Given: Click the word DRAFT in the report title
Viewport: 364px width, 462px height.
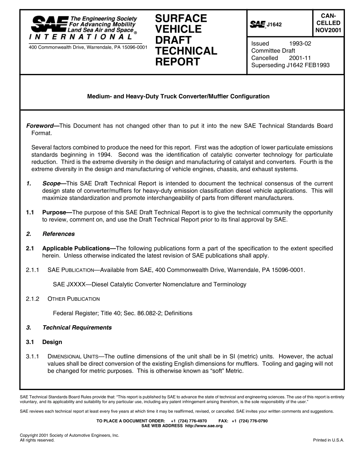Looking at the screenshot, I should point(173,40).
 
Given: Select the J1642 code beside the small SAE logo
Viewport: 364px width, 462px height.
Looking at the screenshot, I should point(274,25).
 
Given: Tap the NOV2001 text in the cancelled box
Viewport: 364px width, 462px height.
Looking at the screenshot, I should point(328,30).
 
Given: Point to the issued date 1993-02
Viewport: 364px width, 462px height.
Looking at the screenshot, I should point(300,43).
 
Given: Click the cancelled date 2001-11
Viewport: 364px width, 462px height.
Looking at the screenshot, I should point(300,58).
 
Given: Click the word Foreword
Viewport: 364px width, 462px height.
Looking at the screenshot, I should point(39,126).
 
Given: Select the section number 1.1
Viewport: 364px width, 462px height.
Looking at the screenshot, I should point(30,212).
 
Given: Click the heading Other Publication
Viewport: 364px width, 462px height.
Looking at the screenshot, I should point(73,299).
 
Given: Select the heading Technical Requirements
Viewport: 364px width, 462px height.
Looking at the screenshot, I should point(77,328).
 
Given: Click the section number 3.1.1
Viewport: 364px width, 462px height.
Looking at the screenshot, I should point(33,356).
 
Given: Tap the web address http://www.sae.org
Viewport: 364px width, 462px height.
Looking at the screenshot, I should point(203,426).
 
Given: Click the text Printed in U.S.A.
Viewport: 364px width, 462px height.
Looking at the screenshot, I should point(328,440).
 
